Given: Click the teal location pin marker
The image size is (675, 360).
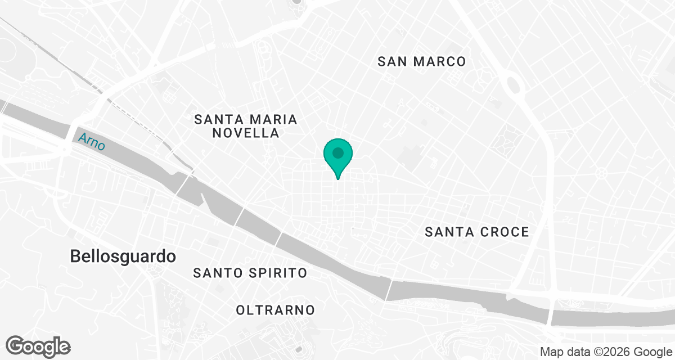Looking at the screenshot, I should (338, 157).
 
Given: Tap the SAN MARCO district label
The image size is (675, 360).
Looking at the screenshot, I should (422, 61).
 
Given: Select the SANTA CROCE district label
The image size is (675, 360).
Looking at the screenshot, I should (477, 232).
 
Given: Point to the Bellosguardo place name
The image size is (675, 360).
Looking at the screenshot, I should (123, 256).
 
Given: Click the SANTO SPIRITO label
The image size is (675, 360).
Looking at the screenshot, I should (250, 273).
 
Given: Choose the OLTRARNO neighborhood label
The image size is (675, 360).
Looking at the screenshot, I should (276, 310).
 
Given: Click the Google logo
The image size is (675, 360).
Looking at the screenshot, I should (38, 346).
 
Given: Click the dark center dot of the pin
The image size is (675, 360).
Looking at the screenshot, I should (338, 153).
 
